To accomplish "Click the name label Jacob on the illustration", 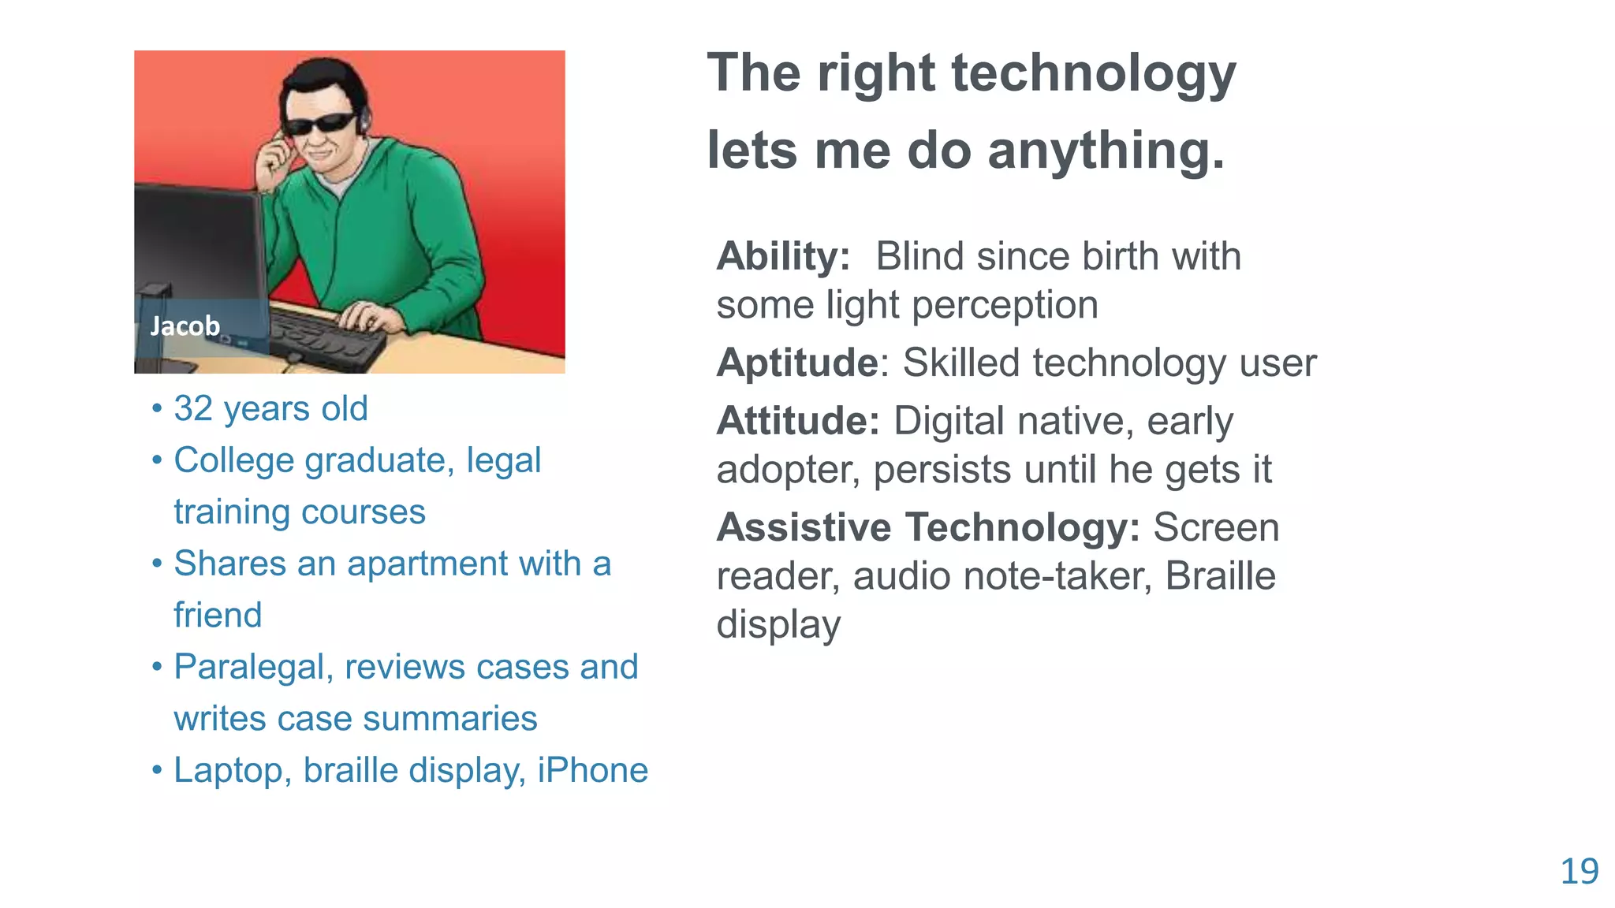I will click(x=185, y=326).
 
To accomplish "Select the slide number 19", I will click(x=1580, y=872).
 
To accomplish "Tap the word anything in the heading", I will click(x=1106, y=151).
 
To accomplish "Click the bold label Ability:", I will click(x=783, y=257).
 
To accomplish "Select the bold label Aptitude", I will click(x=796, y=363).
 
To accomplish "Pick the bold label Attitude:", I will click(x=797, y=422).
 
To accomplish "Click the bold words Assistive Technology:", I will click(x=927, y=527).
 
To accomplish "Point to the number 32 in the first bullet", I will click(x=193, y=409).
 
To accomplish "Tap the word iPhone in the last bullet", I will click(x=592, y=770).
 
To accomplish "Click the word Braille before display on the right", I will click(x=1220, y=576).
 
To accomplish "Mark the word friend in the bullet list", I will click(x=218, y=616).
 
